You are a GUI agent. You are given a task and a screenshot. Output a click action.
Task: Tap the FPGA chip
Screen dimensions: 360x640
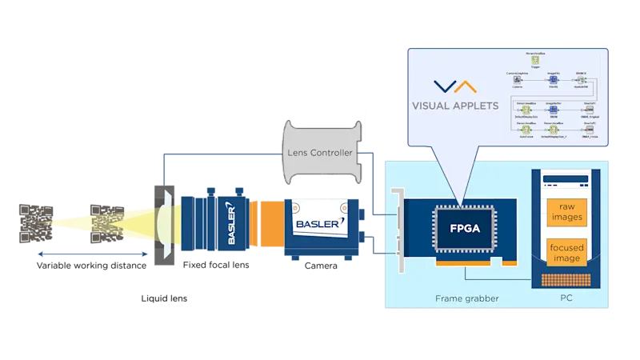point(460,228)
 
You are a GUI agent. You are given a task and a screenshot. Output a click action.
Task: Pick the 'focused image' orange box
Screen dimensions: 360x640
point(569,252)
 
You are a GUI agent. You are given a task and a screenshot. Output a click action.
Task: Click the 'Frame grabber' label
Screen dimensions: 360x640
point(467,298)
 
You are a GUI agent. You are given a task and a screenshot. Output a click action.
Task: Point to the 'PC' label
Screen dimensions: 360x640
point(567,298)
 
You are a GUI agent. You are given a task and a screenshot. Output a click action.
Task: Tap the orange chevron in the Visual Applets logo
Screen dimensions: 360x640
point(464,86)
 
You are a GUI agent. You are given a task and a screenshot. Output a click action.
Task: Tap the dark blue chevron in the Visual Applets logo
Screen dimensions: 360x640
point(442,86)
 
